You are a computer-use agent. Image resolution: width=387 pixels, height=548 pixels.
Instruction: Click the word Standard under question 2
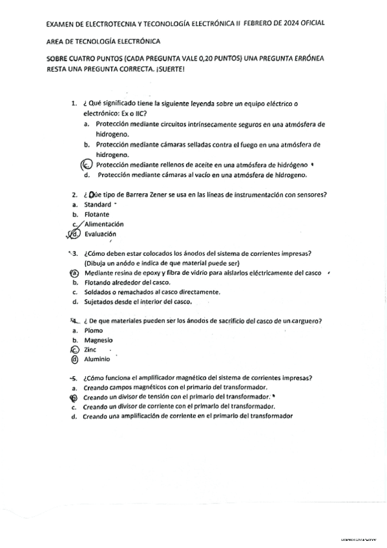coord(98,204)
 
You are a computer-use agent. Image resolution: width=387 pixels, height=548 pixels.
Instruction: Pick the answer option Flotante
coord(96,214)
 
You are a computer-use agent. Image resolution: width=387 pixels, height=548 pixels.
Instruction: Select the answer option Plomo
coord(94,330)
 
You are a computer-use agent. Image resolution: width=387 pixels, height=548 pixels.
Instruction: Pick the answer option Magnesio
coord(98,340)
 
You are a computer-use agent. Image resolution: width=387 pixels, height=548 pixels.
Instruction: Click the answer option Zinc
coord(90,350)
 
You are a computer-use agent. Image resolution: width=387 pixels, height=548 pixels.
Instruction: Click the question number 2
coord(74,195)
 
